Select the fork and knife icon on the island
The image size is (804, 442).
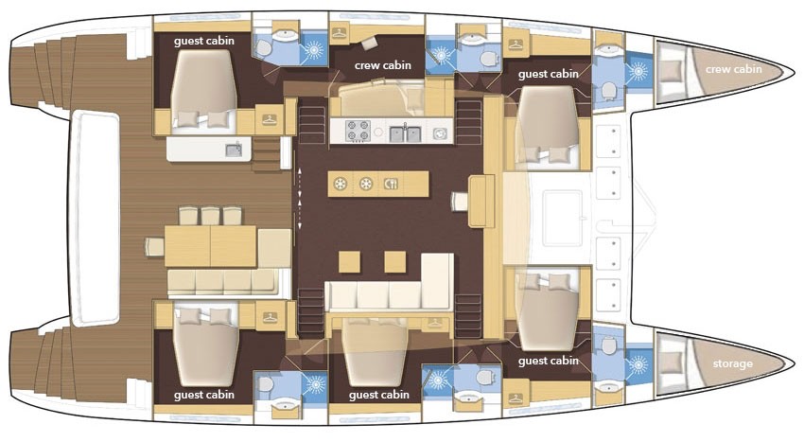[x=392, y=185]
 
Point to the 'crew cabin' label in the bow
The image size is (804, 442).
[x=733, y=69]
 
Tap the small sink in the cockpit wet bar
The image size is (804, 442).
[x=233, y=149]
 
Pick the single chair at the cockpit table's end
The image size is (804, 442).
[x=153, y=247]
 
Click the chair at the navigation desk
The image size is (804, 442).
[x=461, y=200]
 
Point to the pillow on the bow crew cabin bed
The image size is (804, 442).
[x=672, y=69]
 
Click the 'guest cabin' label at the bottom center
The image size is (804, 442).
[x=378, y=395]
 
